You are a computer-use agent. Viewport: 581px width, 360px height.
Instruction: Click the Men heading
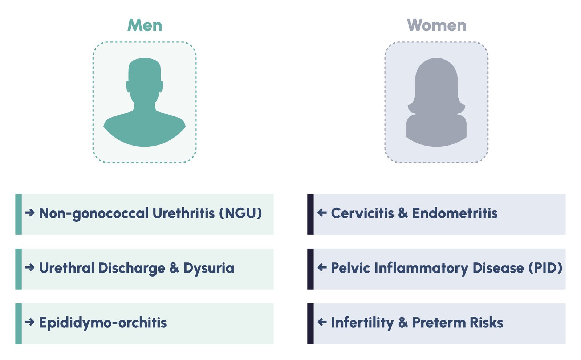[x=145, y=25]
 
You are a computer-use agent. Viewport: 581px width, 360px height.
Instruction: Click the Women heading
[x=436, y=25]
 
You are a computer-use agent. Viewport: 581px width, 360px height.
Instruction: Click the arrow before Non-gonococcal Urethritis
[x=30, y=213]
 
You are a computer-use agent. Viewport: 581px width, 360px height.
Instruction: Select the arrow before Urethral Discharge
[x=30, y=267]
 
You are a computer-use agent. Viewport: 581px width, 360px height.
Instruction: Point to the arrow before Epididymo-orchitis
[x=30, y=322]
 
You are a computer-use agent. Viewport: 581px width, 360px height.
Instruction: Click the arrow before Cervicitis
[x=322, y=213]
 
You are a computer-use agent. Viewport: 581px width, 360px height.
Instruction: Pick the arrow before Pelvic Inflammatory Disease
[x=322, y=267]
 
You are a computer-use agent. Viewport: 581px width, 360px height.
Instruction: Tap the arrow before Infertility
[x=322, y=322]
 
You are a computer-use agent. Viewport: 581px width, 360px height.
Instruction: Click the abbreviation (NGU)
[x=240, y=213]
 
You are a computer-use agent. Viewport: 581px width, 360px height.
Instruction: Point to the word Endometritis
[x=455, y=213]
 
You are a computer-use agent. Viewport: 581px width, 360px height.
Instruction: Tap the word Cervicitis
[x=362, y=213]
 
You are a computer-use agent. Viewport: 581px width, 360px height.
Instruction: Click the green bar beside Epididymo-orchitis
[x=19, y=323]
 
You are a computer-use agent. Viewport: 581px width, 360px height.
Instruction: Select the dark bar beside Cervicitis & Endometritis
[x=310, y=214]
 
